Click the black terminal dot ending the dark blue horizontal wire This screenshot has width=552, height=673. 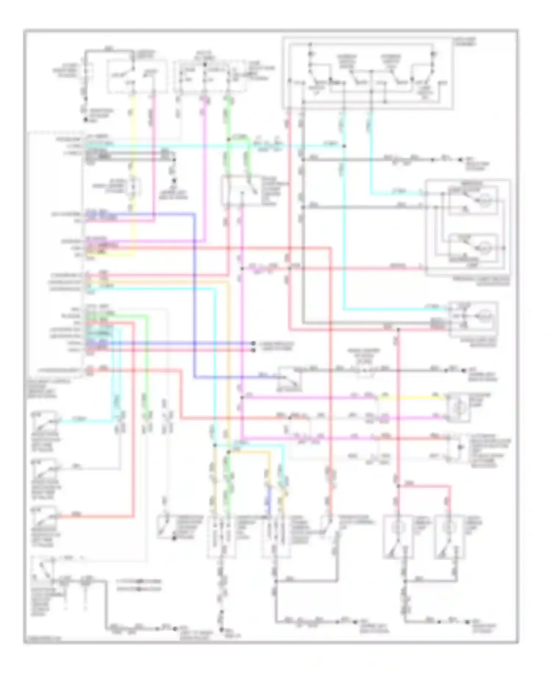[x=253, y=343]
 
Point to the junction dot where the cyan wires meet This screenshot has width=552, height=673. [x=344, y=146]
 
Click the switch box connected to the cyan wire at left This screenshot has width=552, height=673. [x=45, y=421]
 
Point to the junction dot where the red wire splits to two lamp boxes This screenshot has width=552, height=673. [x=398, y=486]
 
